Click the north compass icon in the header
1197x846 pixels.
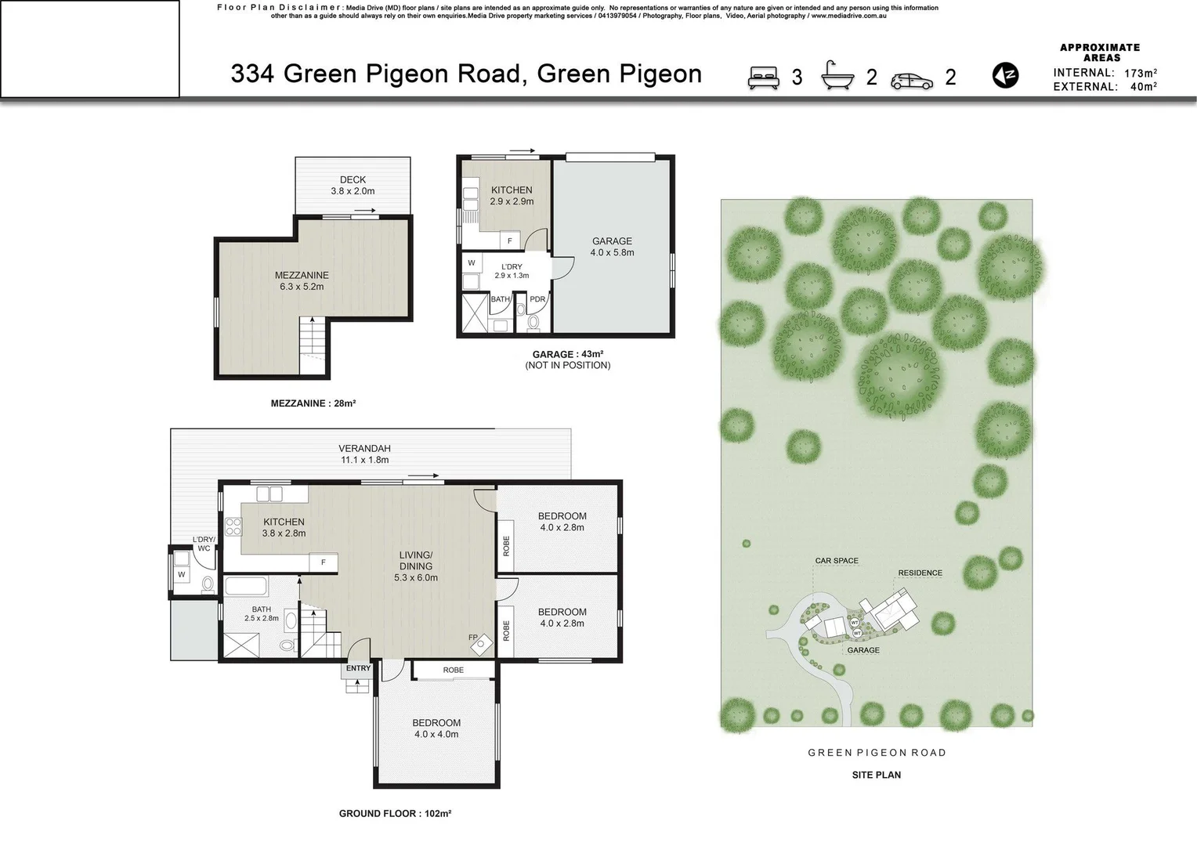click(x=1005, y=75)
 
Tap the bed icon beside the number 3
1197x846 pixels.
click(x=764, y=77)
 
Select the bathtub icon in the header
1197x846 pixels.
click(x=837, y=76)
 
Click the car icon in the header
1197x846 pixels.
click(x=912, y=80)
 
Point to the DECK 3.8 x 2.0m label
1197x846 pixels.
click(x=353, y=186)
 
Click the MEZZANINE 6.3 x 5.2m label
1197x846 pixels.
click(x=302, y=280)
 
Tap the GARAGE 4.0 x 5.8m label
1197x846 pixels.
click(x=612, y=247)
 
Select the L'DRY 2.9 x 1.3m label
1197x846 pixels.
click(x=512, y=271)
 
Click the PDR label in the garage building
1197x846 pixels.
click(x=537, y=299)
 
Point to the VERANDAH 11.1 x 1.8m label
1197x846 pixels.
click(x=364, y=454)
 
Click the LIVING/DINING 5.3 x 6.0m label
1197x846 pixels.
click(x=415, y=566)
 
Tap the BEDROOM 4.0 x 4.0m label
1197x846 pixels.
click(x=436, y=728)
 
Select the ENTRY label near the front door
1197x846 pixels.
click(x=358, y=668)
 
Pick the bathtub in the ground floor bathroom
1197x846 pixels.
click(x=245, y=587)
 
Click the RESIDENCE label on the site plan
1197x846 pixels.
click(x=920, y=573)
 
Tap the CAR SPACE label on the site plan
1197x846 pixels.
click(x=837, y=561)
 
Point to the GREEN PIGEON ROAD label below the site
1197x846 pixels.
click(x=877, y=753)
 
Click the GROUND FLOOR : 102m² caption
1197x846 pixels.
click(x=395, y=814)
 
